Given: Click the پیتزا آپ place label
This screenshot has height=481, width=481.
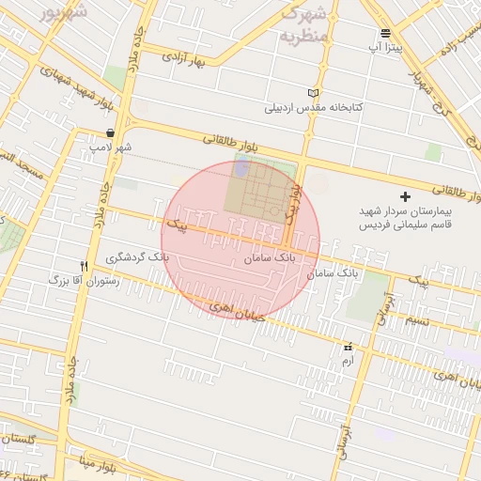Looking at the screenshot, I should point(385,46).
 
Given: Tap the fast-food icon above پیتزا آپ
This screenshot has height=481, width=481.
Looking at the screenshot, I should point(385,33).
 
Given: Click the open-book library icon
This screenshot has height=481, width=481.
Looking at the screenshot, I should point(314,93).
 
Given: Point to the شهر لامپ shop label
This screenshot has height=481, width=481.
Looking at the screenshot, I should point(111,147).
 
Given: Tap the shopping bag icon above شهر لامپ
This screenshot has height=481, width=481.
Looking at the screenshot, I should point(111,133).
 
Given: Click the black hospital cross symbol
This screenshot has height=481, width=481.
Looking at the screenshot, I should point(405,196).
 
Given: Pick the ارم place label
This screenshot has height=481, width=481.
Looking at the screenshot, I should point(349,360).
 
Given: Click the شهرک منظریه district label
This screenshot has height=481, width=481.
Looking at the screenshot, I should point(304,25).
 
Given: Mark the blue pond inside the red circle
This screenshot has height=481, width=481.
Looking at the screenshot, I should point(241,168).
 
